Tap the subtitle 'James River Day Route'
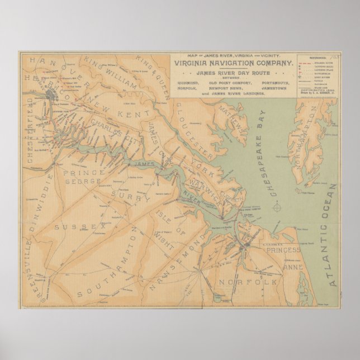pos(232,73)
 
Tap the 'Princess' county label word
pos(283,250)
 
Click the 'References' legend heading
pos(316,57)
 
